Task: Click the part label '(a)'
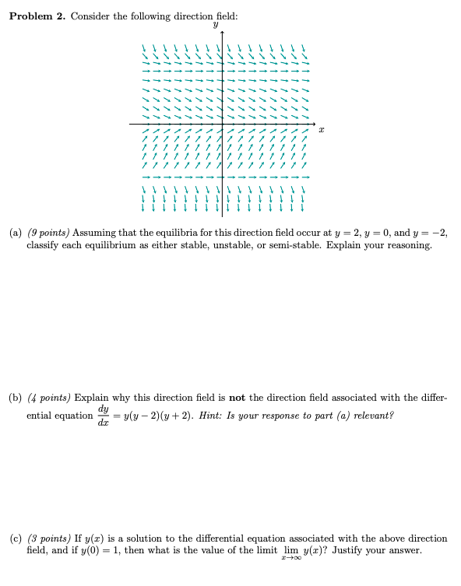(x=16, y=233)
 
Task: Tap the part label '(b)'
(x=16, y=398)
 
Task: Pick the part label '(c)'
(x=16, y=539)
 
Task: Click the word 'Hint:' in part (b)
(x=210, y=416)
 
